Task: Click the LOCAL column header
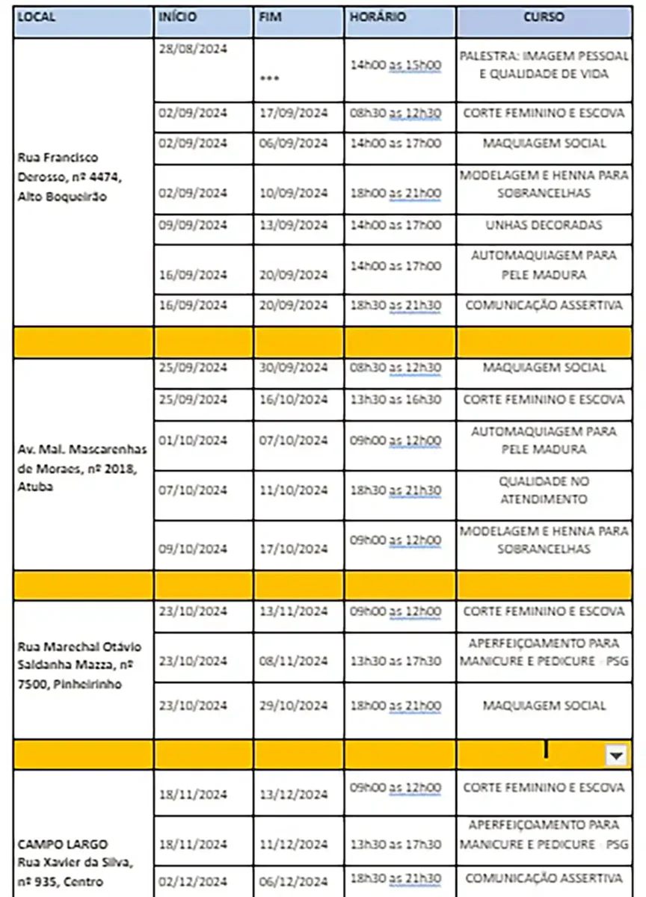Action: [37, 16]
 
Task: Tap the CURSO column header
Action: [544, 16]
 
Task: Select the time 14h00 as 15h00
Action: [396, 65]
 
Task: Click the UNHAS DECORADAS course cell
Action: [543, 225]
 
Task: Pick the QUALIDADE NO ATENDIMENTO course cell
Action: [543, 490]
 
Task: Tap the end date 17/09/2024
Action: [294, 114]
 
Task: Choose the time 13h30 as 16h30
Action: [396, 400]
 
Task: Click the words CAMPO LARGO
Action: [62, 844]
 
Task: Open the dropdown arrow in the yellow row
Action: [615, 756]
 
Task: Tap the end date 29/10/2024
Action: [294, 706]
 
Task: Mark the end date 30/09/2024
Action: [294, 368]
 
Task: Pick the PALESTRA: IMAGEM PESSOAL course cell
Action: [543, 65]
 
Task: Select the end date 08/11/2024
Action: [294, 662]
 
